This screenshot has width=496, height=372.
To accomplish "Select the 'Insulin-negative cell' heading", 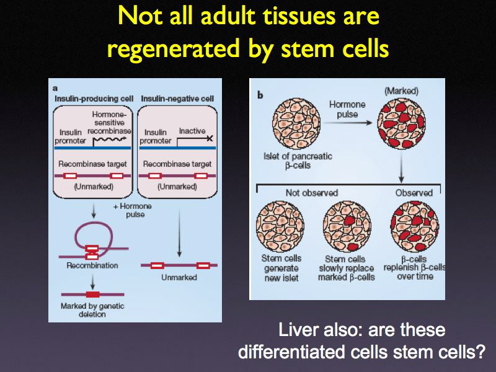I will [177, 99].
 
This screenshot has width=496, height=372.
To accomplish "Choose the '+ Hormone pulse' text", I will [135, 210].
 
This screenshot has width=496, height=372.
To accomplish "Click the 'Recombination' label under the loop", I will [92, 265].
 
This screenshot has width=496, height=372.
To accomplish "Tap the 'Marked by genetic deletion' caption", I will [92, 310].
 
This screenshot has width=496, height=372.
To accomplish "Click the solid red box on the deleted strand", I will [92, 294].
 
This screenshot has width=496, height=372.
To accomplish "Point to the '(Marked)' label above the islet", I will [401, 91].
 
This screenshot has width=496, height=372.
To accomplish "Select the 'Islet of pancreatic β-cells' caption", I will [298, 161].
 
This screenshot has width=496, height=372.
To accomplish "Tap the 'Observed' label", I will [414, 193].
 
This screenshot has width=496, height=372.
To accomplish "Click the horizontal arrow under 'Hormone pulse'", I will [349, 123].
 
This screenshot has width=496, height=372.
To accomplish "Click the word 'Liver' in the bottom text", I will [298, 329].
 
